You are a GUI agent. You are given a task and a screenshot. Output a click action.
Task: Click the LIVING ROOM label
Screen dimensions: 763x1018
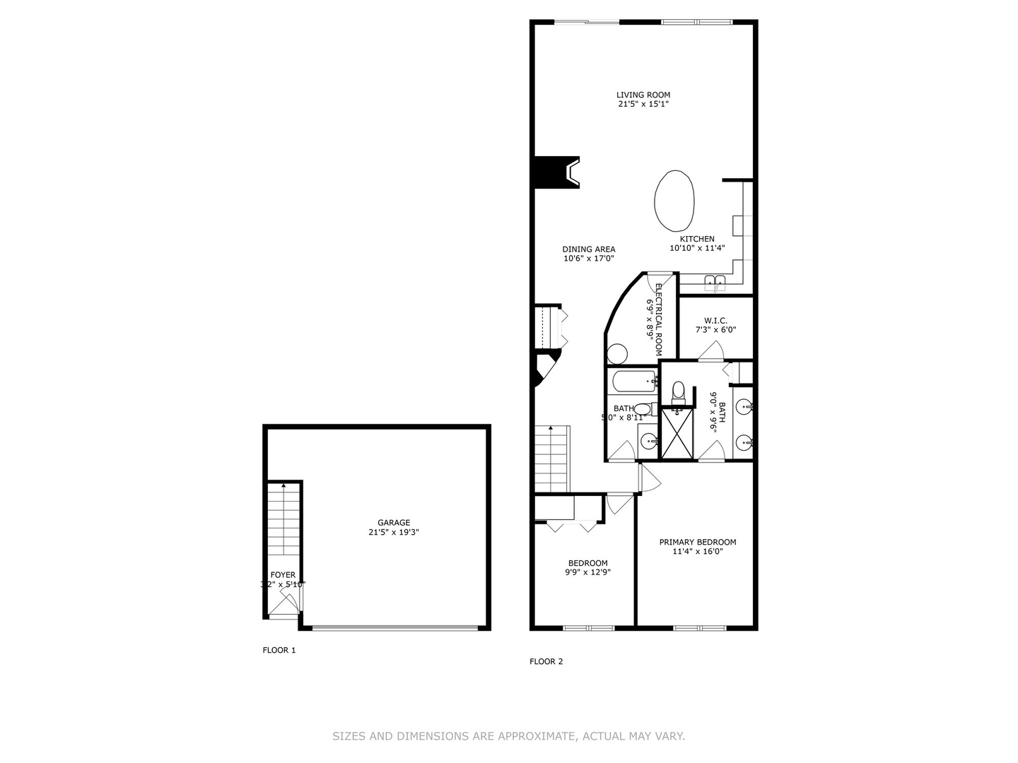point(643,95)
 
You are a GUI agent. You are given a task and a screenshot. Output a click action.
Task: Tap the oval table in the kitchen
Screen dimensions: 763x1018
point(674,201)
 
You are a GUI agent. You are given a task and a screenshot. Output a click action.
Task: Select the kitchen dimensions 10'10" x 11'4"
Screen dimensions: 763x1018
point(697,248)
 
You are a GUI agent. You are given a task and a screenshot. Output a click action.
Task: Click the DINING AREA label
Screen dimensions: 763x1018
point(588,249)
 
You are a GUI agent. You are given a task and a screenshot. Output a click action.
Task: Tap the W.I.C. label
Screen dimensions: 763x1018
point(715,321)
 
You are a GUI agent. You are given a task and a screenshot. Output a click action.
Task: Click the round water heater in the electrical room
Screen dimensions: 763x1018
point(617,353)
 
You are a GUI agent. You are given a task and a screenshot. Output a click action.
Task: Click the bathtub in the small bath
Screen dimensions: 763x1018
point(633,381)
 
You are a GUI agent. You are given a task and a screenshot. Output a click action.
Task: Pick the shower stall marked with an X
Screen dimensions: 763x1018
point(677,433)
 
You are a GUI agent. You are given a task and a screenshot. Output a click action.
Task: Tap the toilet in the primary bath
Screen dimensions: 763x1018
point(678,391)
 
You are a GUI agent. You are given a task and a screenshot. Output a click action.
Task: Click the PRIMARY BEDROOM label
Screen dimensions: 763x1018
point(697,542)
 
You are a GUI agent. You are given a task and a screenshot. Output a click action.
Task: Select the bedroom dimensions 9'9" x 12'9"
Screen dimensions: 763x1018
point(587,573)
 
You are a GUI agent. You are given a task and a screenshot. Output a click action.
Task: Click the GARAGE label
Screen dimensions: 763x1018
point(393,523)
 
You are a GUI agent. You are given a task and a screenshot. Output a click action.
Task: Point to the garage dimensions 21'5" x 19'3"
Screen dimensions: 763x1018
point(393,533)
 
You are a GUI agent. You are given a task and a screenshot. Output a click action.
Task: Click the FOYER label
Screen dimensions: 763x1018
point(283,575)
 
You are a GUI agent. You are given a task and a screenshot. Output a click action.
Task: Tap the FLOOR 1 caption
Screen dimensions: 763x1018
point(279,650)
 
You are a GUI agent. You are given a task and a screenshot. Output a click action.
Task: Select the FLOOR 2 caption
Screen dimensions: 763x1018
point(546,662)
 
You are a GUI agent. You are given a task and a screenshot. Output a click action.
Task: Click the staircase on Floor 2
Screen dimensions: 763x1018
point(551,459)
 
